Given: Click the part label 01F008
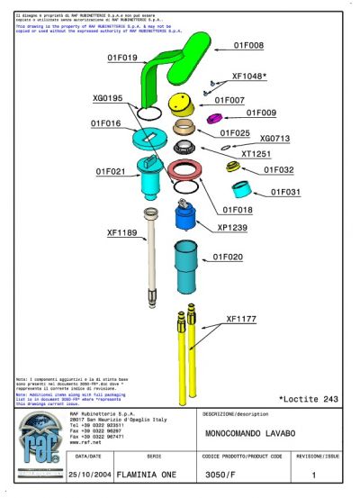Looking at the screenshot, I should (248, 44).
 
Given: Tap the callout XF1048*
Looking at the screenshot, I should (249, 77).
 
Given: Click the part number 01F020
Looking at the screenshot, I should (228, 257).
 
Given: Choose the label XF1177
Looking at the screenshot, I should (241, 319).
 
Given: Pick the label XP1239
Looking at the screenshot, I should (232, 228).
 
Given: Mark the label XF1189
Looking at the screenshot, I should (121, 233).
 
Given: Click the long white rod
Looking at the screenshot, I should (151, 257).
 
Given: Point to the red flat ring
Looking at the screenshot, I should (185, 171).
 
